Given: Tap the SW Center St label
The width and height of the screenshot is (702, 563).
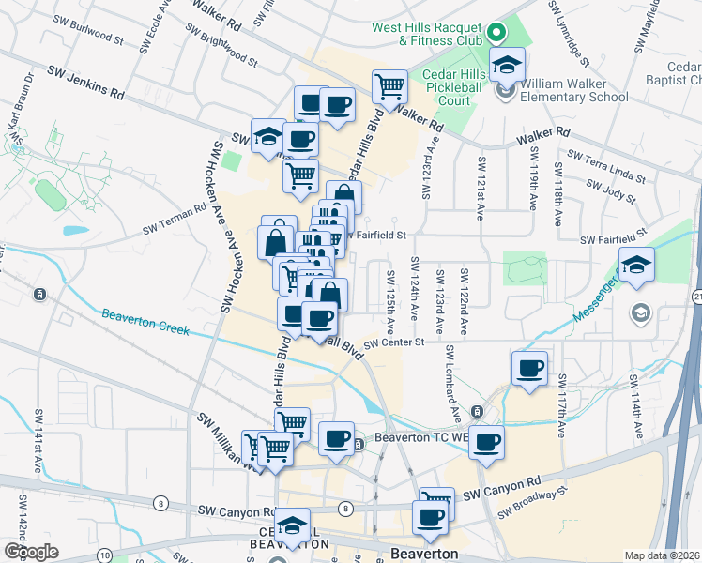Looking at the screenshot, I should (395, 343).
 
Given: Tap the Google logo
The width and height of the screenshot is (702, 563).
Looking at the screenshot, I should (31, 551).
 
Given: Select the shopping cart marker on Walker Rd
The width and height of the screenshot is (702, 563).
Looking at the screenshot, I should (389, 87).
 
